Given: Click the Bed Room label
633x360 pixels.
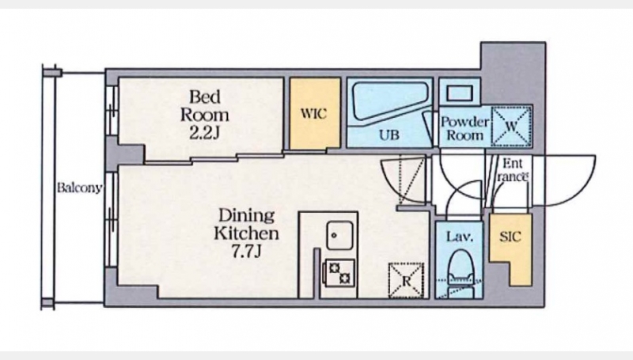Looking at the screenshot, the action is click(x=205, y=106).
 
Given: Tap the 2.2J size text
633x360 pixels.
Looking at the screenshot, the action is click(x=205, y=132).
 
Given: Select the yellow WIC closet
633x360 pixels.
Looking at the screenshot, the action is click(x=315, y=113).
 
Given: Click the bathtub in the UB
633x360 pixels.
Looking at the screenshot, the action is click(x=390, y=100).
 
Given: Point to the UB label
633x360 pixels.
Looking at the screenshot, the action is click(x=389, y=135).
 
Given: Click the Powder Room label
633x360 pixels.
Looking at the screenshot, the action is click(x=464, y=128).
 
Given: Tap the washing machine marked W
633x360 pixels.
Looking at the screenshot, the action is click(x=511, y=126).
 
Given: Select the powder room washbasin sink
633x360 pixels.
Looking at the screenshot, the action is click(x=460, y=93).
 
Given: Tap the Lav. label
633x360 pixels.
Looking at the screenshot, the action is click(x=460, y=237).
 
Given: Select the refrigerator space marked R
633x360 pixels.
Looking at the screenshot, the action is click(x=406, y=281).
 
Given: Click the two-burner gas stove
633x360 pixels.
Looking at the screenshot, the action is click(x=340, y=273).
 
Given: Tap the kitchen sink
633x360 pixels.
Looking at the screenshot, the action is click(x=340, y=235).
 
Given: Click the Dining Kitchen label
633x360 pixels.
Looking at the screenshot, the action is click(x=246, y=225).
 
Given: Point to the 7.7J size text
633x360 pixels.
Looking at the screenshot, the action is click(x=246, y=251).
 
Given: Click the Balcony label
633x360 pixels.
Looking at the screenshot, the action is click(x=79, y=188).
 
